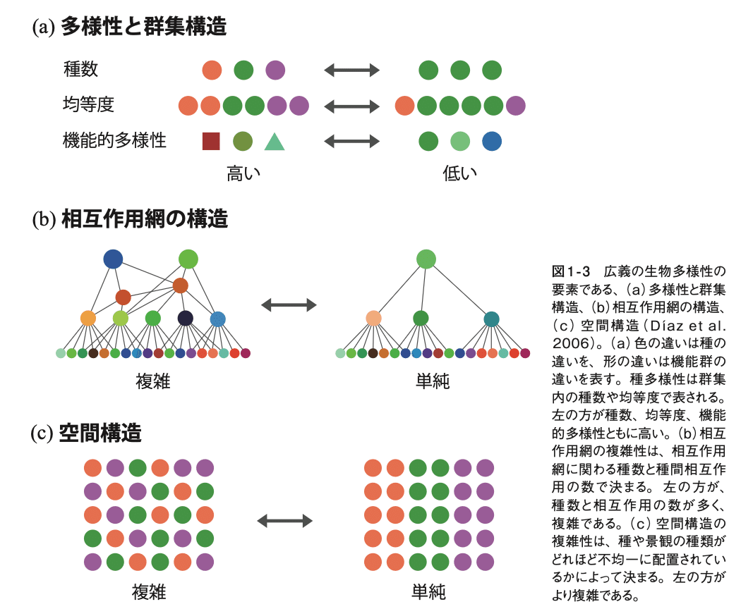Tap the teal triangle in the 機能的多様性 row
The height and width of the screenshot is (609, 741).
click(275, 142)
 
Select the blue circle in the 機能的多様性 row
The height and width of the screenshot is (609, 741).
click(492, 141)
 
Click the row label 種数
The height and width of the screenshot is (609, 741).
click(80, 69)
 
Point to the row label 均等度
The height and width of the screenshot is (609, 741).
click(88, 105)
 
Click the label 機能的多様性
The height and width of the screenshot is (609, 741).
click(114, 140)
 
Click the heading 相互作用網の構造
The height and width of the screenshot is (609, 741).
click(145, 219)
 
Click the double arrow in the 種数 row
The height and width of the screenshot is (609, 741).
click(351, 70)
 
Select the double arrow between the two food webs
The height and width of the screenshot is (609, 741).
click(289, 304)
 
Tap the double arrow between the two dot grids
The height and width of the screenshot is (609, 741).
click(284, 521)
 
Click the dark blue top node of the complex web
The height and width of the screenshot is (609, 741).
click(113, 259)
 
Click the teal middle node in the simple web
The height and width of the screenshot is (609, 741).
click(491, 319)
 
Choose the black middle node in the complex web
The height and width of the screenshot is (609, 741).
click(185, 319)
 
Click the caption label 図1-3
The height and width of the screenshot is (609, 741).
click(570, 271)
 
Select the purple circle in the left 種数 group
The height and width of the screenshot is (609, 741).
click(275, 70)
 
